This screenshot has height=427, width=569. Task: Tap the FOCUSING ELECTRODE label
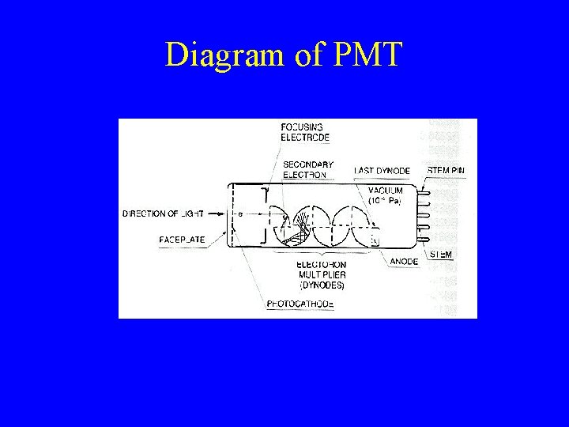[x=301, y=130]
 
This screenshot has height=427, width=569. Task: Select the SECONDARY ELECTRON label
[x=307, y=169]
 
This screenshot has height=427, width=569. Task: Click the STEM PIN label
[x=446, y=170]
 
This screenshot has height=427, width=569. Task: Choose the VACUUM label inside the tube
[x=386, y=191]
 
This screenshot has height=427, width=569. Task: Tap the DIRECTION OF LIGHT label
[x=163, y=213]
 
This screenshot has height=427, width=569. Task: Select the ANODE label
[x=405, y=261]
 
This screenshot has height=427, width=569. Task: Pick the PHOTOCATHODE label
[x=300, y=303]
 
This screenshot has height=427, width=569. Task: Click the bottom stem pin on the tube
[x=425, y=237]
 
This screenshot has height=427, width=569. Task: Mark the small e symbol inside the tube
[x=239, y=213]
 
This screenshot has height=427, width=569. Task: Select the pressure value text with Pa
[x=386, y=202]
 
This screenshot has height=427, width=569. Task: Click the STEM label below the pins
[x=440, y=255]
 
